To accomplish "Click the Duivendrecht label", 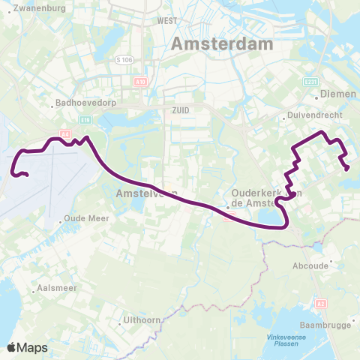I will click(310, 117).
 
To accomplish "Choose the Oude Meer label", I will click(87, 218).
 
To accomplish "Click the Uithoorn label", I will click(141, 322).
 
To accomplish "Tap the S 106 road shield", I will click(124, 59).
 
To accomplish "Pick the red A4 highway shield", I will click(65, 134).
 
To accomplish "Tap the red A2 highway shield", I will click(321, 283).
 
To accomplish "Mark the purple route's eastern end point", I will click(347, 169).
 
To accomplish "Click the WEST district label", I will click(166, 21).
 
